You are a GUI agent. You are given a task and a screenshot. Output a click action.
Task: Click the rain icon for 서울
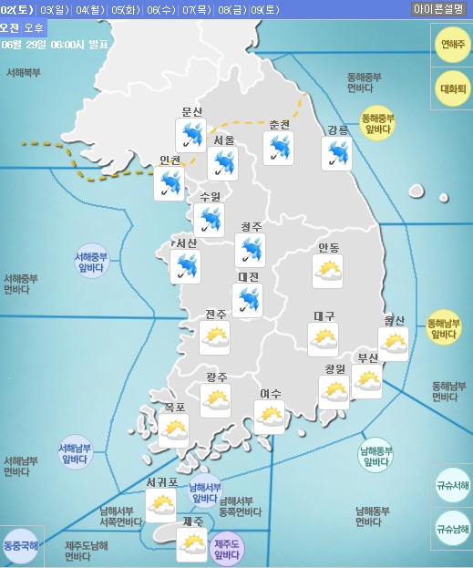[222, 164]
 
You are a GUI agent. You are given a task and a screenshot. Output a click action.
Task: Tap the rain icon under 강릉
[336, 153]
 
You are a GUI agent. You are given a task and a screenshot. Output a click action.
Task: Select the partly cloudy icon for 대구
[324, 339]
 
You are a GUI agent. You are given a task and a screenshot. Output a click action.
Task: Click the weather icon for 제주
[192, 545]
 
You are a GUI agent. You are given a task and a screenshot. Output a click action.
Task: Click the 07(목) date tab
[195, 10]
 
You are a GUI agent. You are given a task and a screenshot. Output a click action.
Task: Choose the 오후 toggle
[33, 28]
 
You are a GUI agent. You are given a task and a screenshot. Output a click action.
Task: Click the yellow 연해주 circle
[451, 44]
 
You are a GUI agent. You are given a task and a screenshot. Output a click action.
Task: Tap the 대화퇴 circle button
[452, 89]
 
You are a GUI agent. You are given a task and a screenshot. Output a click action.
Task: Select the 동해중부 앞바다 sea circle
[377, 124]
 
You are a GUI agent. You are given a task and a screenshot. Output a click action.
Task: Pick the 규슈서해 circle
[452, 485]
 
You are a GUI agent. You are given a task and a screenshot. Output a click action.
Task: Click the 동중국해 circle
[20, 546]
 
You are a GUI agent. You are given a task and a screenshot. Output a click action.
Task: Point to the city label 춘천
[279, 125]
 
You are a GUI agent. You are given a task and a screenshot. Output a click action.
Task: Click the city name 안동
[328, 248]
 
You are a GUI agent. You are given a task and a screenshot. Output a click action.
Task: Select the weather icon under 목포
[173, 430]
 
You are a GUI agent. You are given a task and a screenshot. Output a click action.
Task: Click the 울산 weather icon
[394, 343]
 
